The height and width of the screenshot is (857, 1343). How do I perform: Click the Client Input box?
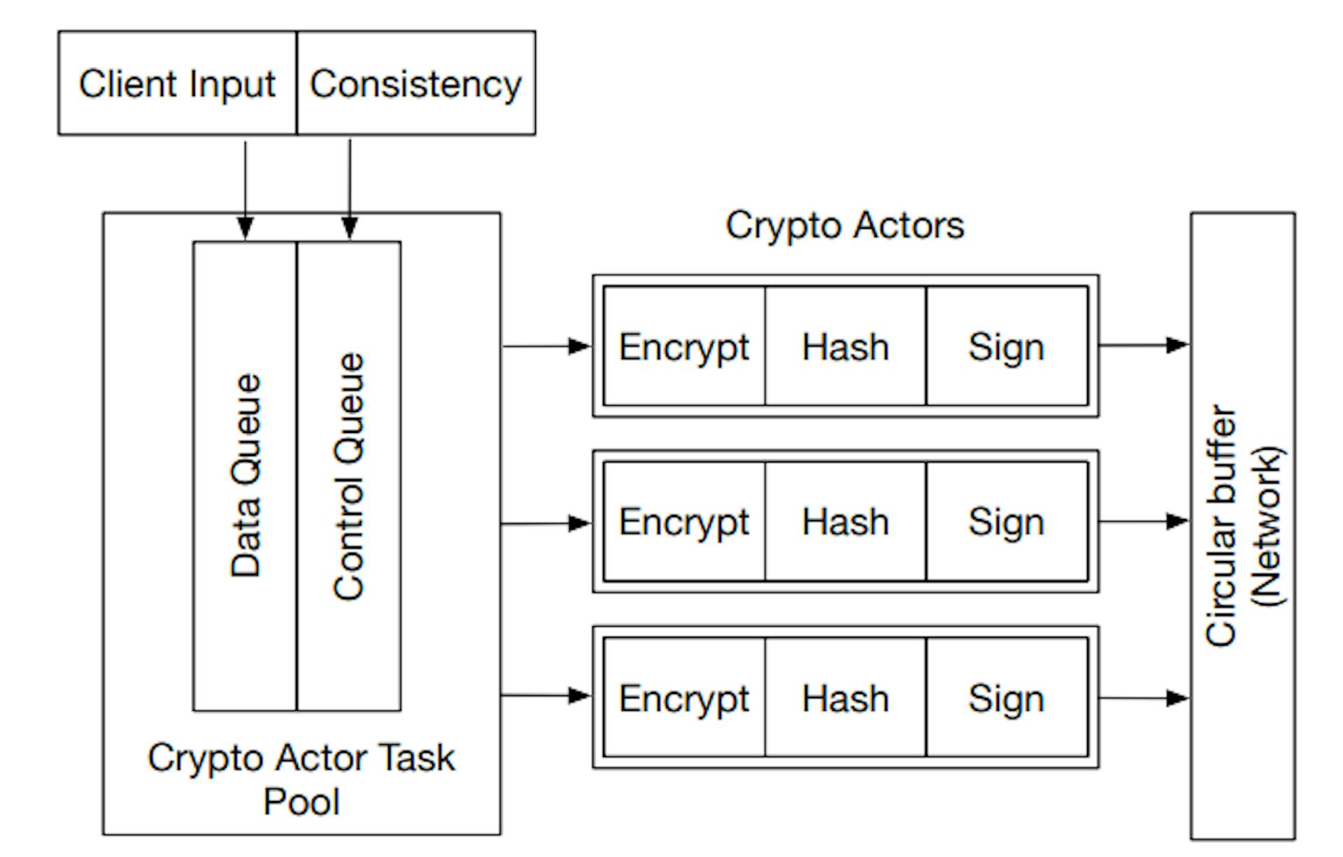pyautogui.click(x=177, y=84)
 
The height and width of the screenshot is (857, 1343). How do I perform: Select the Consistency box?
pyautogui.click(x=416, y=84)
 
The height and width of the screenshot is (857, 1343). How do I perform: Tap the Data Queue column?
pyautogui.click(x=245, y=476)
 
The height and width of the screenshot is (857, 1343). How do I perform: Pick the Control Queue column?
pyautogui.click(x=349, y=476)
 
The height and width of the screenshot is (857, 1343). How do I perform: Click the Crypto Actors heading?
pyautogui.click(x=845, y=225)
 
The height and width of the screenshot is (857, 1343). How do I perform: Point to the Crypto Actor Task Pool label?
pyautogui.click(x=301, y=779)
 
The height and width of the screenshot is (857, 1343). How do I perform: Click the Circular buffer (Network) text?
pyautogui.click(x=1243, y=525)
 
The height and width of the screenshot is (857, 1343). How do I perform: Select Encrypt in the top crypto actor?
pyautogui.click(x=684, y=346)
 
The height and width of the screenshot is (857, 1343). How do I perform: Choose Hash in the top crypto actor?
pyautogui.click(x=845, y=346)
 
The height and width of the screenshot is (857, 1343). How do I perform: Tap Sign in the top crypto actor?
pyautogui.click(x=1007, y=346)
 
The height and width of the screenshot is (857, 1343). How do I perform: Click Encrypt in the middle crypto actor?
pyautogui.click(x=684, y=522)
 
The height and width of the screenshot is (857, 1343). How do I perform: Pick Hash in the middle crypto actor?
pyautogui.click(x=845, y=522)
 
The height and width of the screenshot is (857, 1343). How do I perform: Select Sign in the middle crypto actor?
pyautogui.click(x=1007, y=522)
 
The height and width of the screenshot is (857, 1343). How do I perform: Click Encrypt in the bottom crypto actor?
pyautogui.click(x=684, y=698)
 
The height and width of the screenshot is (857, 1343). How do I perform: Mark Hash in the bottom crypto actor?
pyautogui.click(x=845, y=698)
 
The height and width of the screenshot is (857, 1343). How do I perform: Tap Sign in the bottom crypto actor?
pyautogui.click(x=1007, y=698)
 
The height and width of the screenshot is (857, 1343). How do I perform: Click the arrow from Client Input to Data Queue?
pyautogui.click(x=245, y=189)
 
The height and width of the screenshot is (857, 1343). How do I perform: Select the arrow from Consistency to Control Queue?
pyautogui.click(x=350, y=189)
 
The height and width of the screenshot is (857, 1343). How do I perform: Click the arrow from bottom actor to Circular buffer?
pyautogui.click(x=1144, y=697)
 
